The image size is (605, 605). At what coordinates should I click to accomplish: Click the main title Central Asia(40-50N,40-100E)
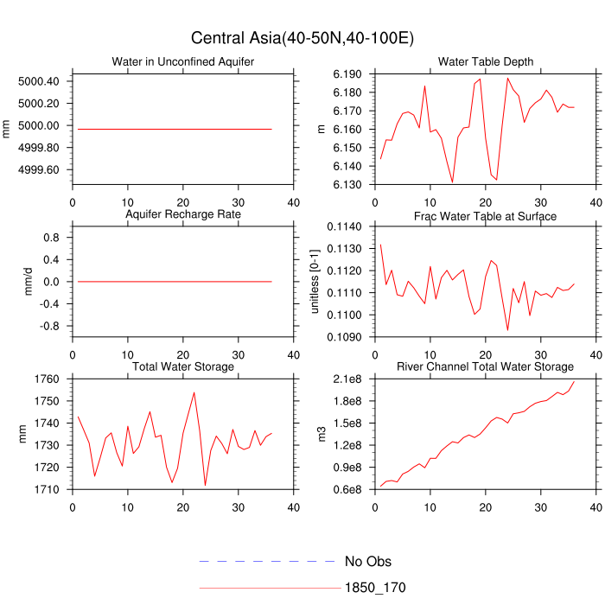coord(302,38)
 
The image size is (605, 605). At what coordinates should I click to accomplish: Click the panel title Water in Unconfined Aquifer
coord(183,61)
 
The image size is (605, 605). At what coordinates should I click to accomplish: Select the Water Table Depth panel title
coord(485,61)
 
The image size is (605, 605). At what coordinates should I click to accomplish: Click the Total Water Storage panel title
coord(183,367)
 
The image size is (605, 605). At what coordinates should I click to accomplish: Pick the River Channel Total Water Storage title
coord(485,367)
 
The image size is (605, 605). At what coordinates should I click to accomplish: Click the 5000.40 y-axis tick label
coord(38,81)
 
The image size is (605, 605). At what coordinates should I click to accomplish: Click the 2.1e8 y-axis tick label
coord(346,379)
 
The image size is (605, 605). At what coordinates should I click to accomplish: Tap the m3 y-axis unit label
coord(322,435)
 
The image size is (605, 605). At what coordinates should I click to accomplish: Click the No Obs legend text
coord(368,562)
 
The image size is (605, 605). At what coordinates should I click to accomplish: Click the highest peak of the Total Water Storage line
coord(194,392)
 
